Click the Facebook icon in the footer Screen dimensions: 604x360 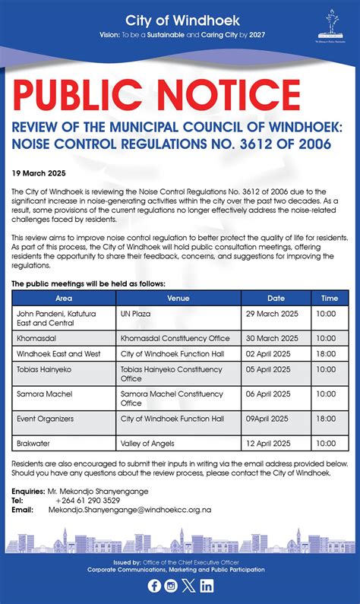pos(154,585)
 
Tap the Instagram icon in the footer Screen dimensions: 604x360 pos(172,585)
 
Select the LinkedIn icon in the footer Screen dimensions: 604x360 pos(207,585)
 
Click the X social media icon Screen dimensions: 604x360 pos(189,585)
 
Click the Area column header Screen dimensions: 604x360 pos(64,298)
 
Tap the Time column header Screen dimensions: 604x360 pos(330,298)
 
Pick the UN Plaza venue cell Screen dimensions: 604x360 pos(135,314)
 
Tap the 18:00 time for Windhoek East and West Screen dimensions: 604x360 pos(326,354)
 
